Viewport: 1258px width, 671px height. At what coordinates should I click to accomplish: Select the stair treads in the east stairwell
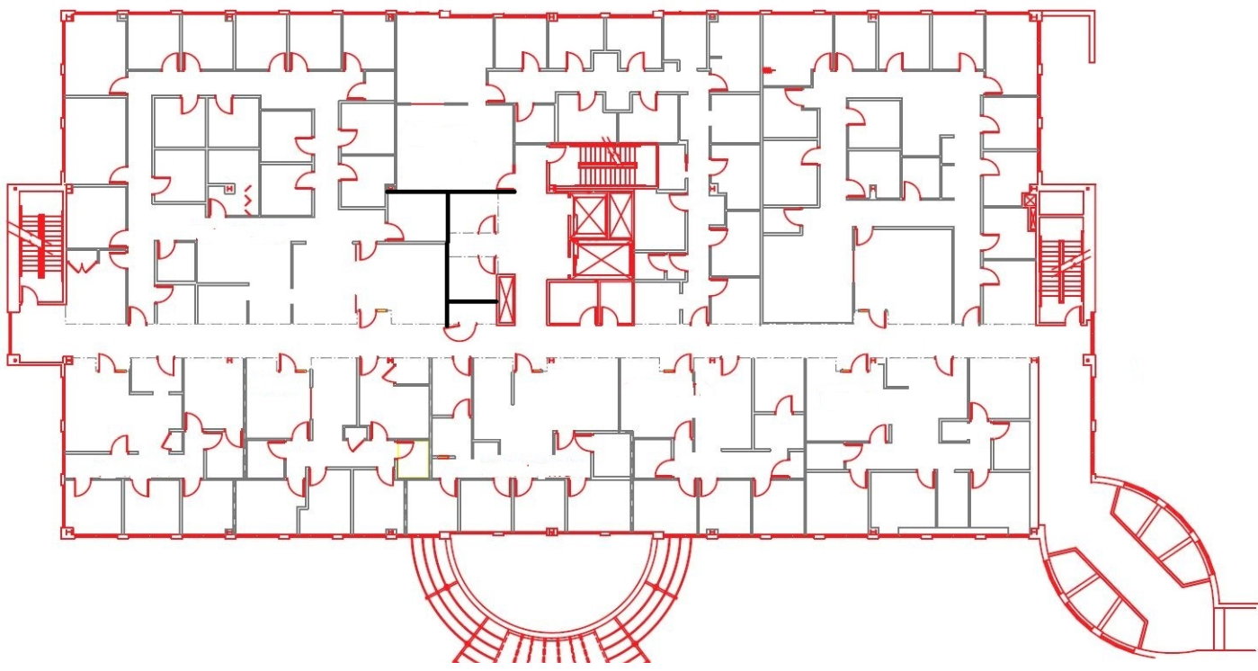[x=1065, y=271]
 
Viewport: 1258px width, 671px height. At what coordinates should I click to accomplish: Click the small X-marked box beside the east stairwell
[x=1030, y=200]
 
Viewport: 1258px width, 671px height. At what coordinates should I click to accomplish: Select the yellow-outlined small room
[x=413, y=460]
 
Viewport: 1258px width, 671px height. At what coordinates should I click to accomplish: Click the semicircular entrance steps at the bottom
[x=549, y=621]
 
